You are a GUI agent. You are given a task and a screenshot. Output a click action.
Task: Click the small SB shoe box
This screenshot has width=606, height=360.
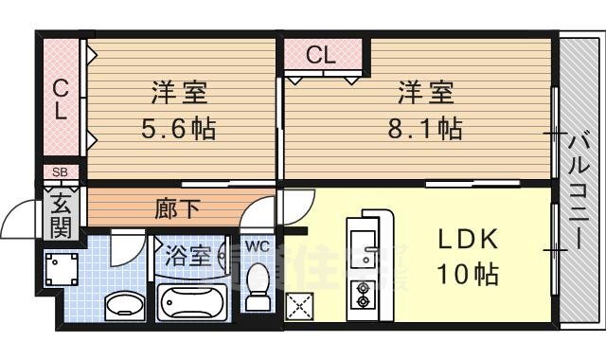tap(60, 172)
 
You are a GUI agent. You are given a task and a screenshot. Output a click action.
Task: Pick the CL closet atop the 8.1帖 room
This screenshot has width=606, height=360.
tap(321, 54)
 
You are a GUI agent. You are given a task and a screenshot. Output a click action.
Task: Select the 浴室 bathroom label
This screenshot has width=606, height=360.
tap(188, 256)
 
